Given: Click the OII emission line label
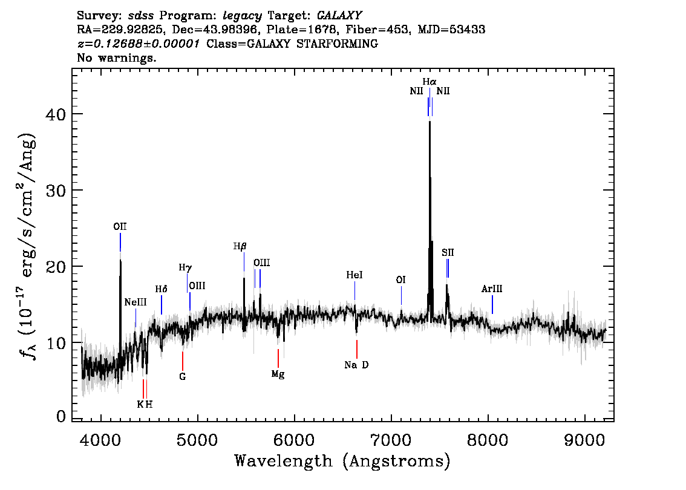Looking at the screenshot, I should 120,227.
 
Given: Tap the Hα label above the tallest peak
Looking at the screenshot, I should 430,81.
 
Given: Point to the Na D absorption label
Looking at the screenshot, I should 356,365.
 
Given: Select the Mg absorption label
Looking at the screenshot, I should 278,374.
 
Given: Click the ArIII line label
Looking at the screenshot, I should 492,289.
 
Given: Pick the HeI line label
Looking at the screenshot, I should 354,275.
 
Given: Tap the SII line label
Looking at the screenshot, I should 448,252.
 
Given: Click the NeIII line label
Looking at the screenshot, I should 136,302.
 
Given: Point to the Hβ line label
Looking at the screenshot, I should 240,246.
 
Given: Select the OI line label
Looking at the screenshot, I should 400,279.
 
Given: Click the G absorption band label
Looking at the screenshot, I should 182,376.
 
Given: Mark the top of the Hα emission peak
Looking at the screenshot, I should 430,122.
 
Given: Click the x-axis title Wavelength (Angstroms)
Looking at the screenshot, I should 342,462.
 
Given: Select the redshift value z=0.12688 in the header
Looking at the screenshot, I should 138,44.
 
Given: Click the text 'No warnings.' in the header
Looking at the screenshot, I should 117,58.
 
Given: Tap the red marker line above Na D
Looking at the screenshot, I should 357,349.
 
